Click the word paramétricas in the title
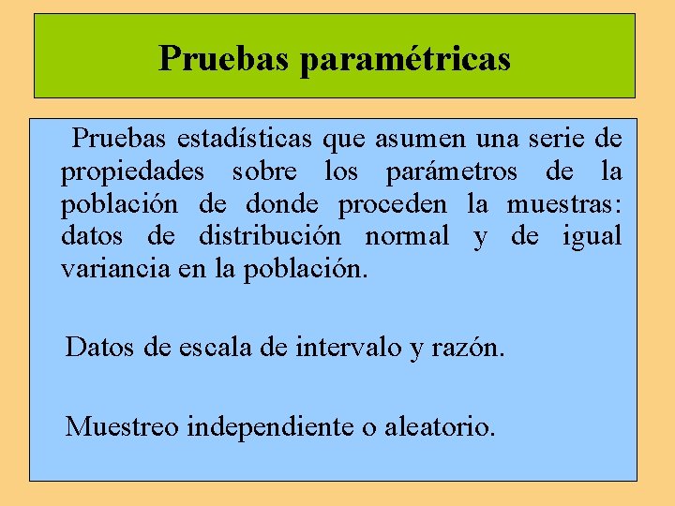(x=405, y=59)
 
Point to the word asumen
(x=419, y=140)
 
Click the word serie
(x=554, y=140)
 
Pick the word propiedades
(x=134, y=173)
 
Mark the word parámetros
(x=450, y=173)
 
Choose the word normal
(x=407, y=236)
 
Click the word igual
(x=592, y=237)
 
